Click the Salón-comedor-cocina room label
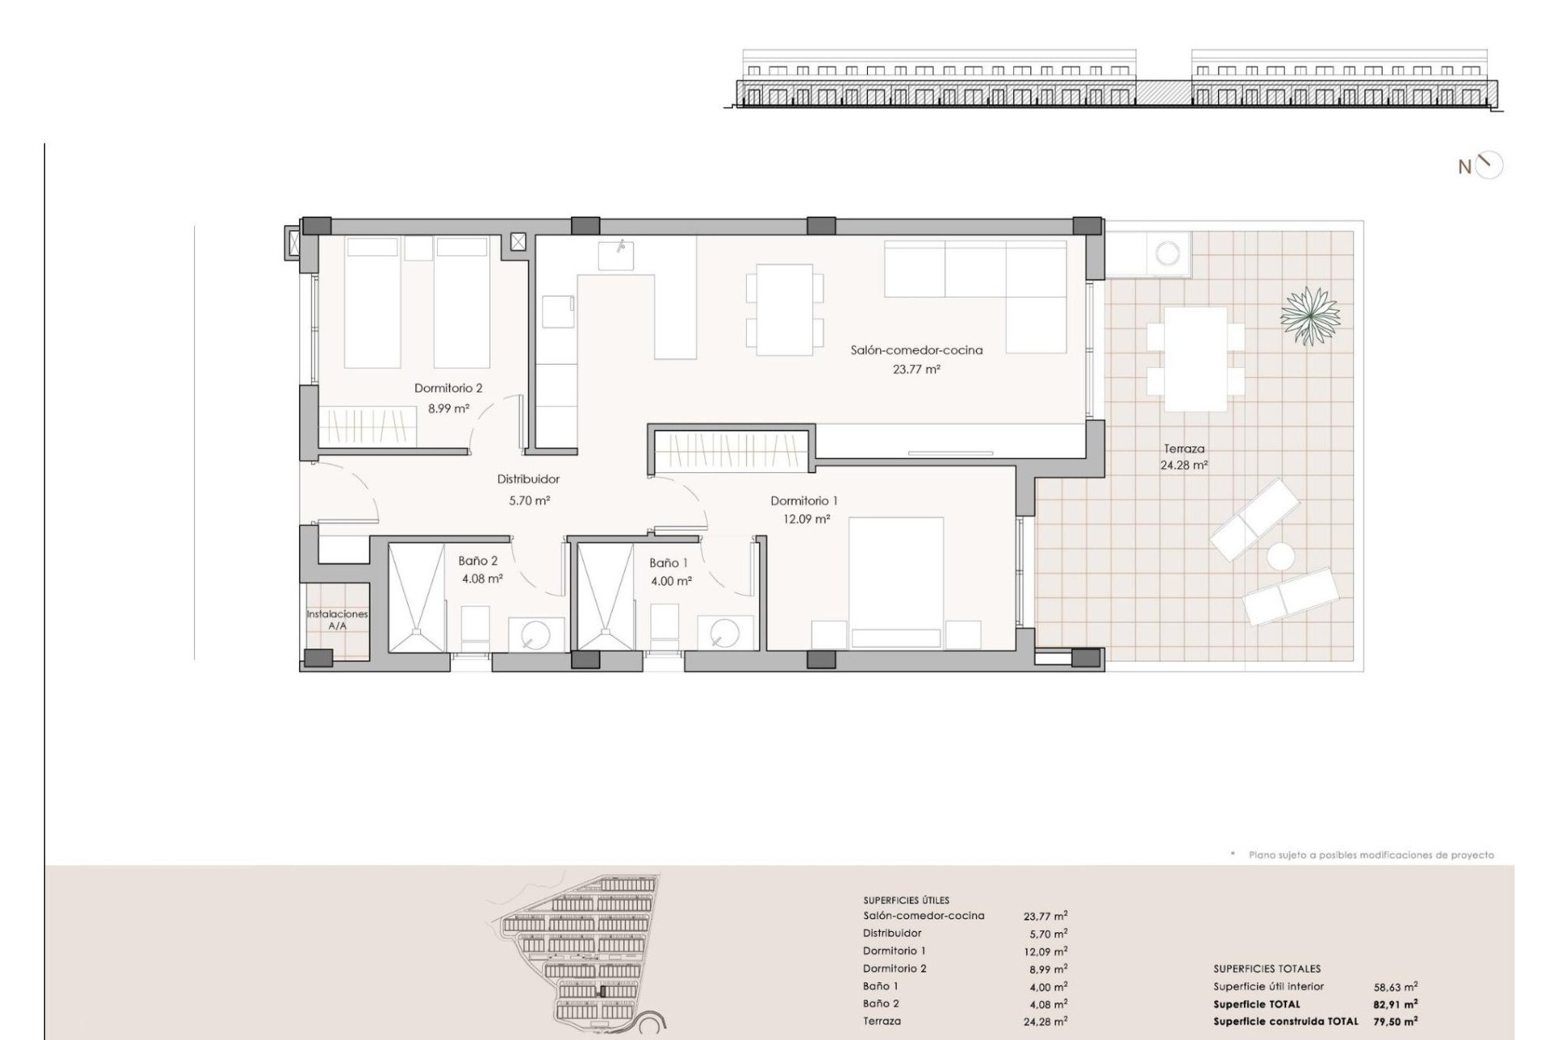916,350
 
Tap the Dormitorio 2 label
448,388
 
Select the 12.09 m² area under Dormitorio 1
806,518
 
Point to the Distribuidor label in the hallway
528,479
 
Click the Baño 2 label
478,561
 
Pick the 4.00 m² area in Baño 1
671,581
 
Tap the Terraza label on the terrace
1184,448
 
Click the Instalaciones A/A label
337,620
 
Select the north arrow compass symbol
1490,166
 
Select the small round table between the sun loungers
1280,557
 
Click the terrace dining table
1195,359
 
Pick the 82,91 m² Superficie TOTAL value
1396,1004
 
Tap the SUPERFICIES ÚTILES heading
906,900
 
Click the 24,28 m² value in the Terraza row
1046,1021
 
